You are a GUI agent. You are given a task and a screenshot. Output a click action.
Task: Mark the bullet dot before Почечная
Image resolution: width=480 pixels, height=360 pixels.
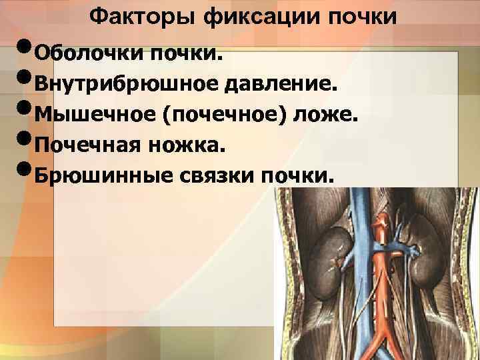coord(21,142)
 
